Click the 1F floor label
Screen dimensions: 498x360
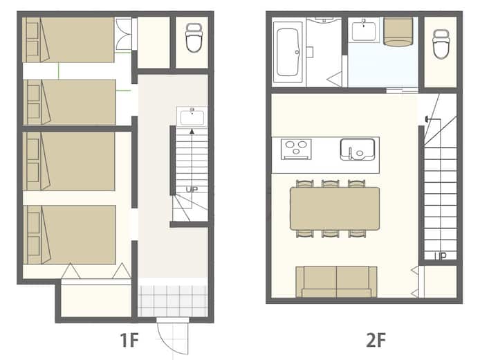[x=129, y=340]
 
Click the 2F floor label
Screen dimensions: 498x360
[x=376, y=340]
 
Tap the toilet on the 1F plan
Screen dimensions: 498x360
[x=194, y=37]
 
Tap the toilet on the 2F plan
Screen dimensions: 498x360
[x=441, y=44]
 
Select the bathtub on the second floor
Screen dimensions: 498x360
[x=288, y=52]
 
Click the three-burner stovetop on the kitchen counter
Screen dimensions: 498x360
[x=296, y=149]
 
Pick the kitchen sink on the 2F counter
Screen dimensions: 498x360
[x=358, y=149]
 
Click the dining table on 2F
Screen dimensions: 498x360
[x=335, y=208]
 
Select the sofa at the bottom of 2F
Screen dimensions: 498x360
[x=336, y=282]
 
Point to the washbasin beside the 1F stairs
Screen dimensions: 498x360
[x=192, y=116]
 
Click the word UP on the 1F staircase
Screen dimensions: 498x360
[x=192, y=190]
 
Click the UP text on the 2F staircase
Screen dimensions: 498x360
[x=440, y=255]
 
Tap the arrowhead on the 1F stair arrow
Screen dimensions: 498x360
[x=192, y=131]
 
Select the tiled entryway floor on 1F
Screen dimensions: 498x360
[x=173, y=301]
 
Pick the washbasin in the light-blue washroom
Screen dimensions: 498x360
[x=364, y=30]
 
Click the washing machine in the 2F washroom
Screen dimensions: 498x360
[x=398, y=31]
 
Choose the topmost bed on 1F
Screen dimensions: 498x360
[x=68, y=39]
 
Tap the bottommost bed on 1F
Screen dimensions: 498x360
[x=69, y=235]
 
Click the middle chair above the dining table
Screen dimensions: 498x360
[x=331, y=183]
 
